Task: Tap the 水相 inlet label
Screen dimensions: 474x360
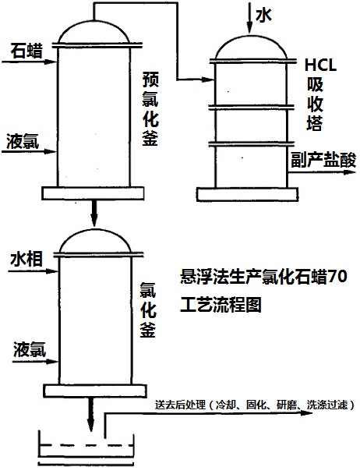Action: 25,258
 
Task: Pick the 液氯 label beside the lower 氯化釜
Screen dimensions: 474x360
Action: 26,351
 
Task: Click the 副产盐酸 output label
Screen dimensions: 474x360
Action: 323,161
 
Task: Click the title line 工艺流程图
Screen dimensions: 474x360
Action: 218,304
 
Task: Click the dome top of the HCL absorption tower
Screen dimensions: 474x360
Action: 252,46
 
